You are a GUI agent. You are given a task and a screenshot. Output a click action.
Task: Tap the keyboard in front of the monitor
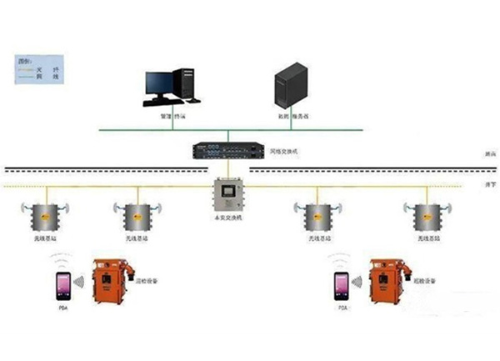coord(162,104)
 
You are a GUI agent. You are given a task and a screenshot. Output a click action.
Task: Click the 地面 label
coord(467,153)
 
